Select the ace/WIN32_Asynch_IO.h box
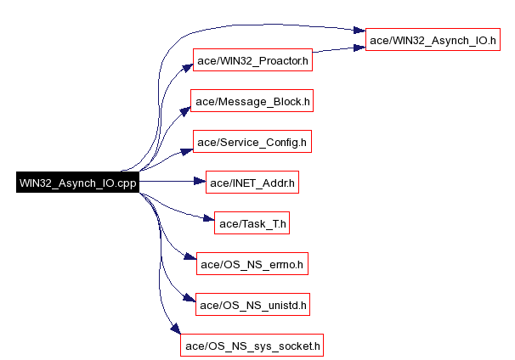[x=433, y=40]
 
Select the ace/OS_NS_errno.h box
[x=252, y=265]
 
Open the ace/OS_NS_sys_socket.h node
[x=252, y=346]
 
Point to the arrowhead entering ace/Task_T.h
[x=207, y=222]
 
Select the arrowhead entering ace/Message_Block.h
[x=185, y=110]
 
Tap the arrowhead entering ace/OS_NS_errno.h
[x=190, y=259]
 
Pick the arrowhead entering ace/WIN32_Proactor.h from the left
[x=186, y=67]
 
